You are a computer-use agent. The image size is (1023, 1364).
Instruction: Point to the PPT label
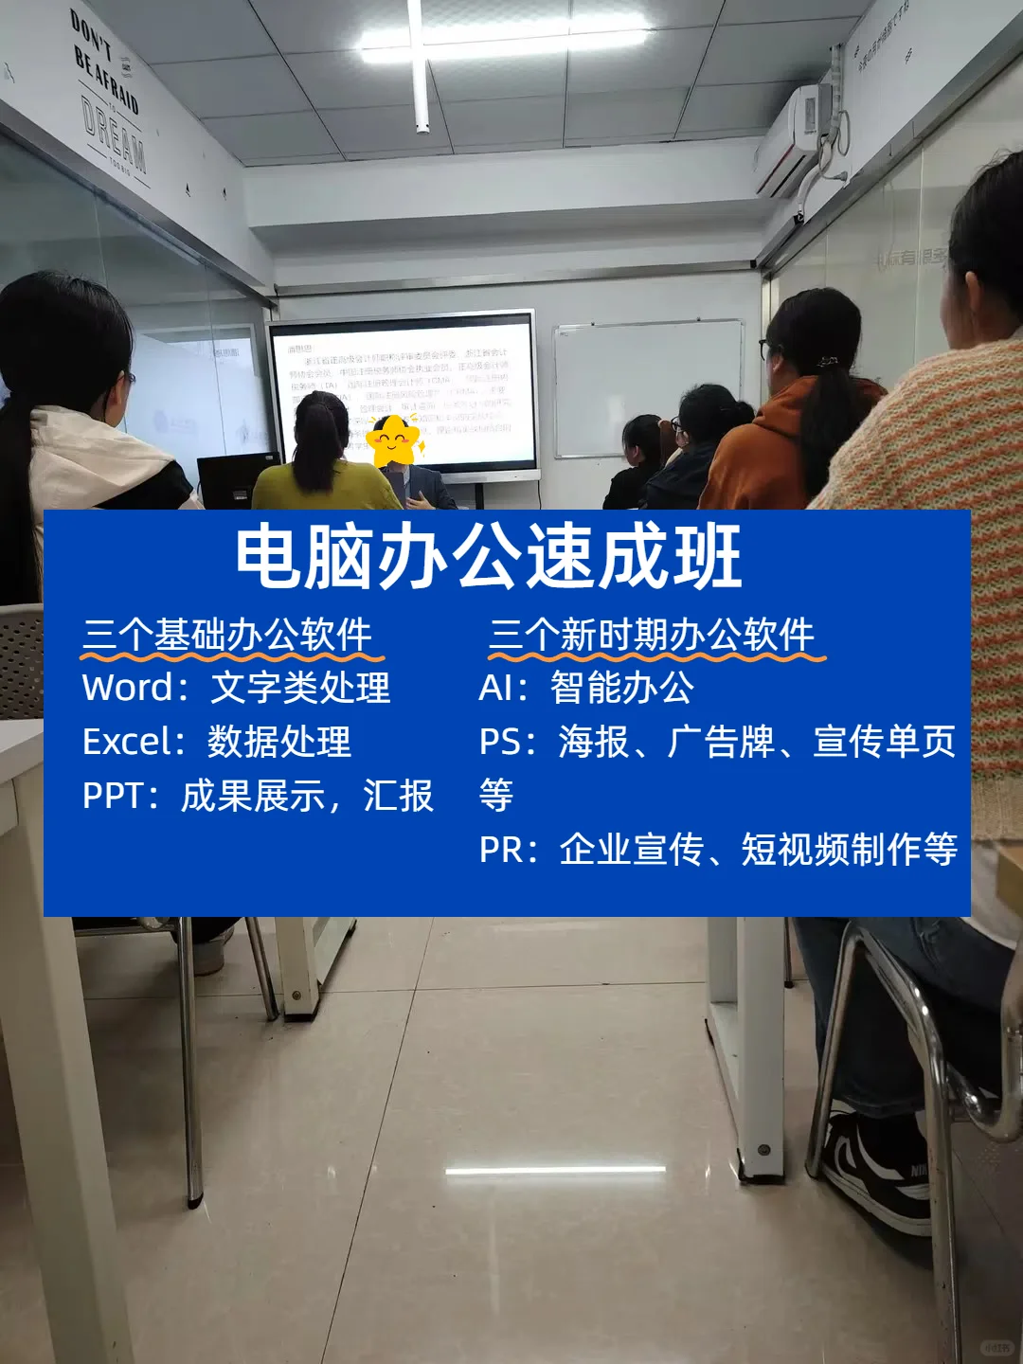point(113,797)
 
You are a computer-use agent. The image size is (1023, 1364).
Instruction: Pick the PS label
point(500,742)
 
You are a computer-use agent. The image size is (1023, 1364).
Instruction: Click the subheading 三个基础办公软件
point(227,635)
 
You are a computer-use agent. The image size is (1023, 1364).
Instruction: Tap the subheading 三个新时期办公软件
point(652,635)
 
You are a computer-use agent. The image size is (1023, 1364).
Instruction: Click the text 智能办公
point(621,688)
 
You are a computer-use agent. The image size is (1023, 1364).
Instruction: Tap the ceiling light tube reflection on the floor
point(555,1172)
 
